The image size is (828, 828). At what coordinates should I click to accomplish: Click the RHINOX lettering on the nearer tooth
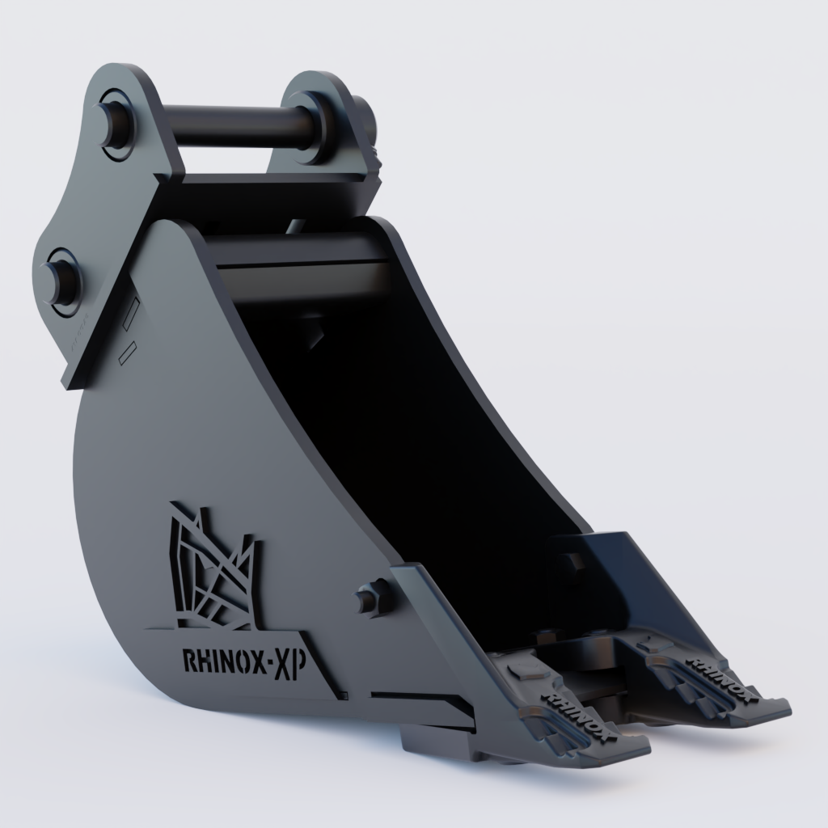coord(580,712)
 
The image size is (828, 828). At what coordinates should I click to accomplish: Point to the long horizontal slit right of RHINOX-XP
coord(420,696)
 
